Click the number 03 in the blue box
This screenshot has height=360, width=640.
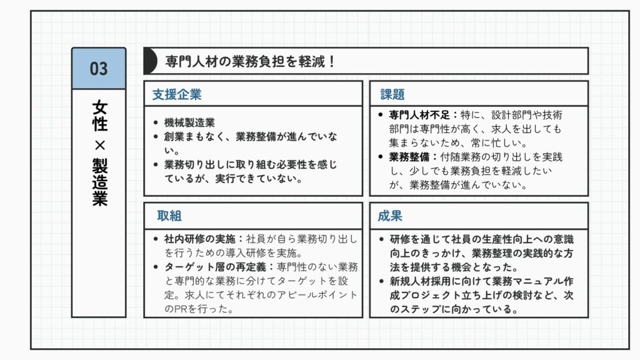click(99, 69)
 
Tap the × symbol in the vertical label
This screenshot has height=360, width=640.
click(99, 145)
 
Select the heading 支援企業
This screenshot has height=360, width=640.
click(177, 95)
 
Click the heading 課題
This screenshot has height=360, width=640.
click(392, 95)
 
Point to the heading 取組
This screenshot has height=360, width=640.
click(169, 216)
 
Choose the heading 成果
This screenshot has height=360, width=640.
click(390, 216)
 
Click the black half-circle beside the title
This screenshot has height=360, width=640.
click(150, 61)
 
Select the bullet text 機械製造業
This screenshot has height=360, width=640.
click(189, 122)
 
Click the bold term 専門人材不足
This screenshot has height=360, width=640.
click(419, 115)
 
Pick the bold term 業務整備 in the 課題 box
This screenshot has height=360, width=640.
click(409, 157)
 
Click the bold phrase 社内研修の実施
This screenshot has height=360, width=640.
click(199, 239)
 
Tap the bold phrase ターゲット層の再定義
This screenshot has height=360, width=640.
click(215, 267)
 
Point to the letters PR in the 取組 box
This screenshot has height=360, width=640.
click(181, 309)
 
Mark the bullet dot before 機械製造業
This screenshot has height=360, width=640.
click(156, 122)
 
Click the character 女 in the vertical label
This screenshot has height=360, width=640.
click(99, 107)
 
